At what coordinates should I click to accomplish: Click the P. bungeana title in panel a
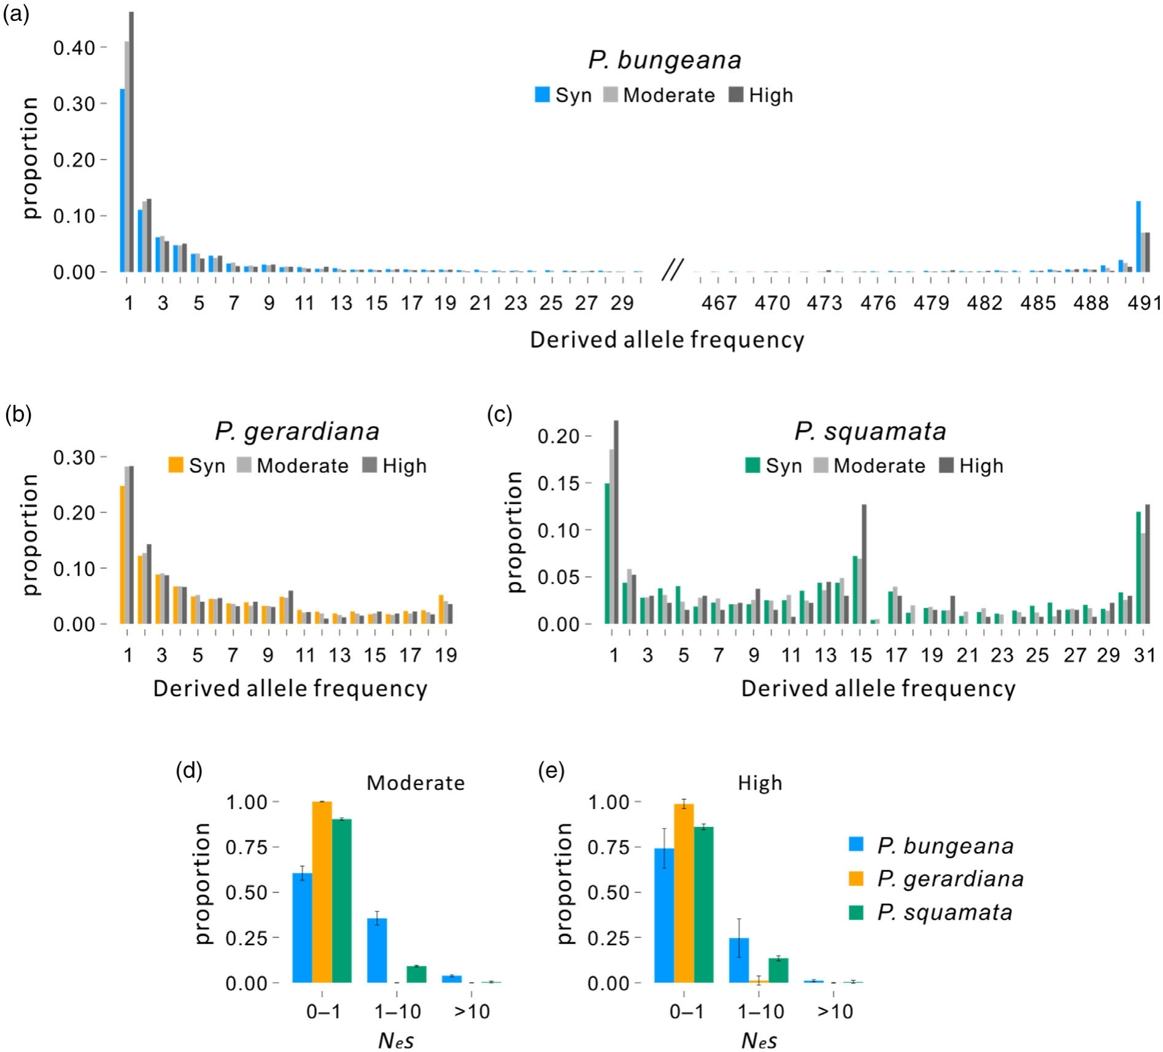coord(665,60)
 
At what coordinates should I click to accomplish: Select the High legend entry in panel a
coord(761,95)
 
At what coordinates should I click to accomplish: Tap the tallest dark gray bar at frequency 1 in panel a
coord(131,141)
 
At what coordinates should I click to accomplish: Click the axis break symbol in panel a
coord(672,269)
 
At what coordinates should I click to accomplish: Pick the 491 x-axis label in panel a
coord(1144,303)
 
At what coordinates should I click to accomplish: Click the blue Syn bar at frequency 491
coord(1138,236)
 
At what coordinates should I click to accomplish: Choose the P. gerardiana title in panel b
coord(297,431)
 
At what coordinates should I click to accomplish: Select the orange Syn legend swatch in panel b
coord(176,465)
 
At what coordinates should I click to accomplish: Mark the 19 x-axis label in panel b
coord(446,655)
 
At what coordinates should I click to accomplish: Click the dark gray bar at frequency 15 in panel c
coord(864,564)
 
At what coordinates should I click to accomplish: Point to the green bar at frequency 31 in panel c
coord(1138,567)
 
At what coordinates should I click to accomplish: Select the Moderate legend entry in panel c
coord(870,466)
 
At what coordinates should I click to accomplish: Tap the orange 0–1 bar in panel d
coord(322,892)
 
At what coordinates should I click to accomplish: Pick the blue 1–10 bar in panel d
coord(377,950)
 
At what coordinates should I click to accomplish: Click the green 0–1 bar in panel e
coord(704,905)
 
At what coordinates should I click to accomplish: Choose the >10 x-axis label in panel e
coord(835,1012)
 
